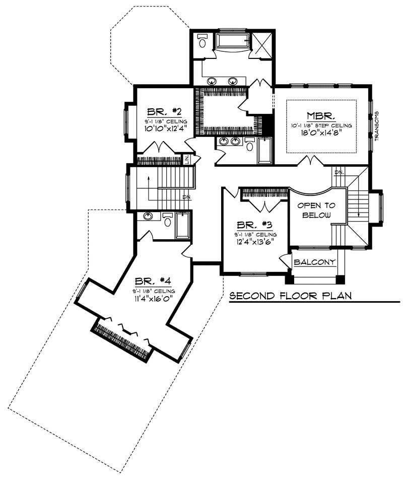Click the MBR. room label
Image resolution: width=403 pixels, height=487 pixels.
[x=321, y=114]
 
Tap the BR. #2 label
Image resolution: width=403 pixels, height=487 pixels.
[x=161, y=112]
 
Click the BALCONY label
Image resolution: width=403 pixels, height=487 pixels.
[x=315, y=262]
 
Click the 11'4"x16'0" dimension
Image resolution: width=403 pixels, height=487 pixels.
[x=154, y=299]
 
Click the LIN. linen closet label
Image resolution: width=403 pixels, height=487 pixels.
[x=187, y=160]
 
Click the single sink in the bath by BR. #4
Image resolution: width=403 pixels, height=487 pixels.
[x=148, y=217]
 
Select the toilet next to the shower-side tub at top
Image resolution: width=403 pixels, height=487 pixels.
[x=203, y=41]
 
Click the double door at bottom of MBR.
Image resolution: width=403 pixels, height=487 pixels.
[x=309, y=161]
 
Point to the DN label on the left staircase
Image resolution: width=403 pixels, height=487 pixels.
[x=187, y=197]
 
